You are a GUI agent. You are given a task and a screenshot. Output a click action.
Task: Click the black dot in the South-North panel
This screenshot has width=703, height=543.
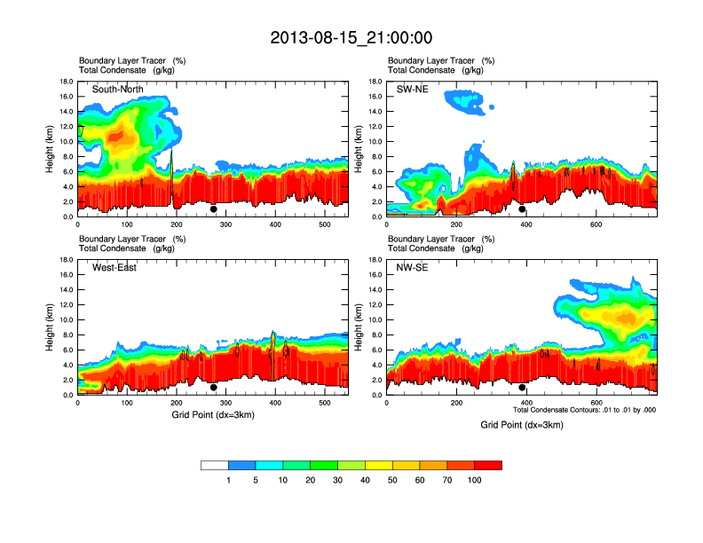(x=214, y=209)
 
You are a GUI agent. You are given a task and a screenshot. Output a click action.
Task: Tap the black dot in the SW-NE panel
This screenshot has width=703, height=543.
(x=522, y=209)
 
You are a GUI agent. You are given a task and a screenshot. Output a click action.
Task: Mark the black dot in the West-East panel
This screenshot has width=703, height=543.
(x=214, y=388)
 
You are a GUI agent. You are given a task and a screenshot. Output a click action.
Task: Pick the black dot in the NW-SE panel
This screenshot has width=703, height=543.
(x=522, y=388)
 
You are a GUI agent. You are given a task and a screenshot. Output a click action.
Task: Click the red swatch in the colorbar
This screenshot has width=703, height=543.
(x=488, y=465)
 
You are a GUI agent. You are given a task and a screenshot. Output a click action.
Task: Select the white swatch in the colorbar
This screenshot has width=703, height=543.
(x=215, y=465)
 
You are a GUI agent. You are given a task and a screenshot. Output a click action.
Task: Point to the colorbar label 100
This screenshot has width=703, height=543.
(x=475, y=480)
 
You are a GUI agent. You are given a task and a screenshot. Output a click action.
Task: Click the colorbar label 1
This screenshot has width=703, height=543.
(x=228, y=480)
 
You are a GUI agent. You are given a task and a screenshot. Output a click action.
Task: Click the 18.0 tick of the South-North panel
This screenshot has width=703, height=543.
(x=65, y=82)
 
